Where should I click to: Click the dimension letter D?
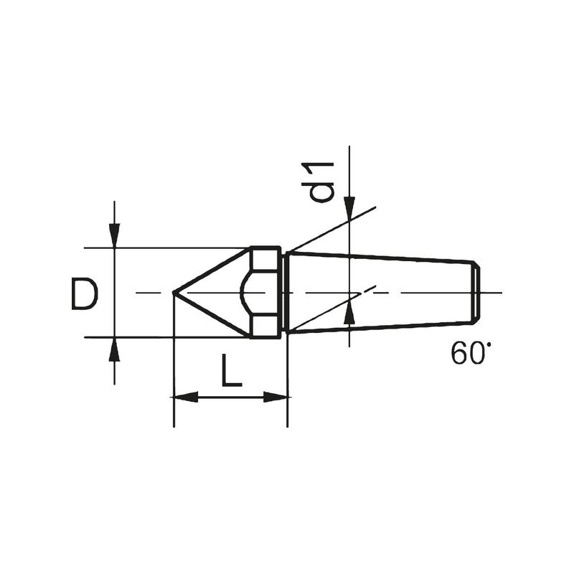pos(85,295)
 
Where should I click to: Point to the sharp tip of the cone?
pos(174,292)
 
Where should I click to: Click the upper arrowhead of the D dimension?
pos(114,236)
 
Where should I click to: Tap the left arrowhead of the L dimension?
pos(186,397)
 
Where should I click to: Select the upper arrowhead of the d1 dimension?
pos(349,207)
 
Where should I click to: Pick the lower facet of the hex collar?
pos(265,326)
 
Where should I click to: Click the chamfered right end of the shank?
pos(476,292)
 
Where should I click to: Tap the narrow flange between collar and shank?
pos(284,292)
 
